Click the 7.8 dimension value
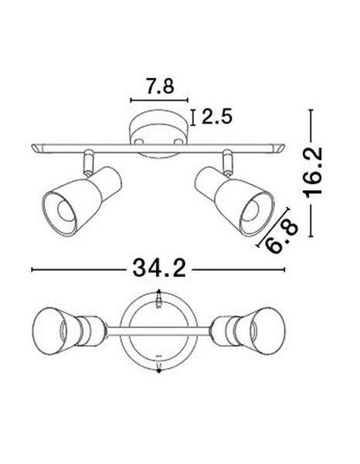[160, 86]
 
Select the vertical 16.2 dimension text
[313, 175]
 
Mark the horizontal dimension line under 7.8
[160, 101]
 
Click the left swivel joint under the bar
[89, 162]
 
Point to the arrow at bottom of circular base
[158, 370]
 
